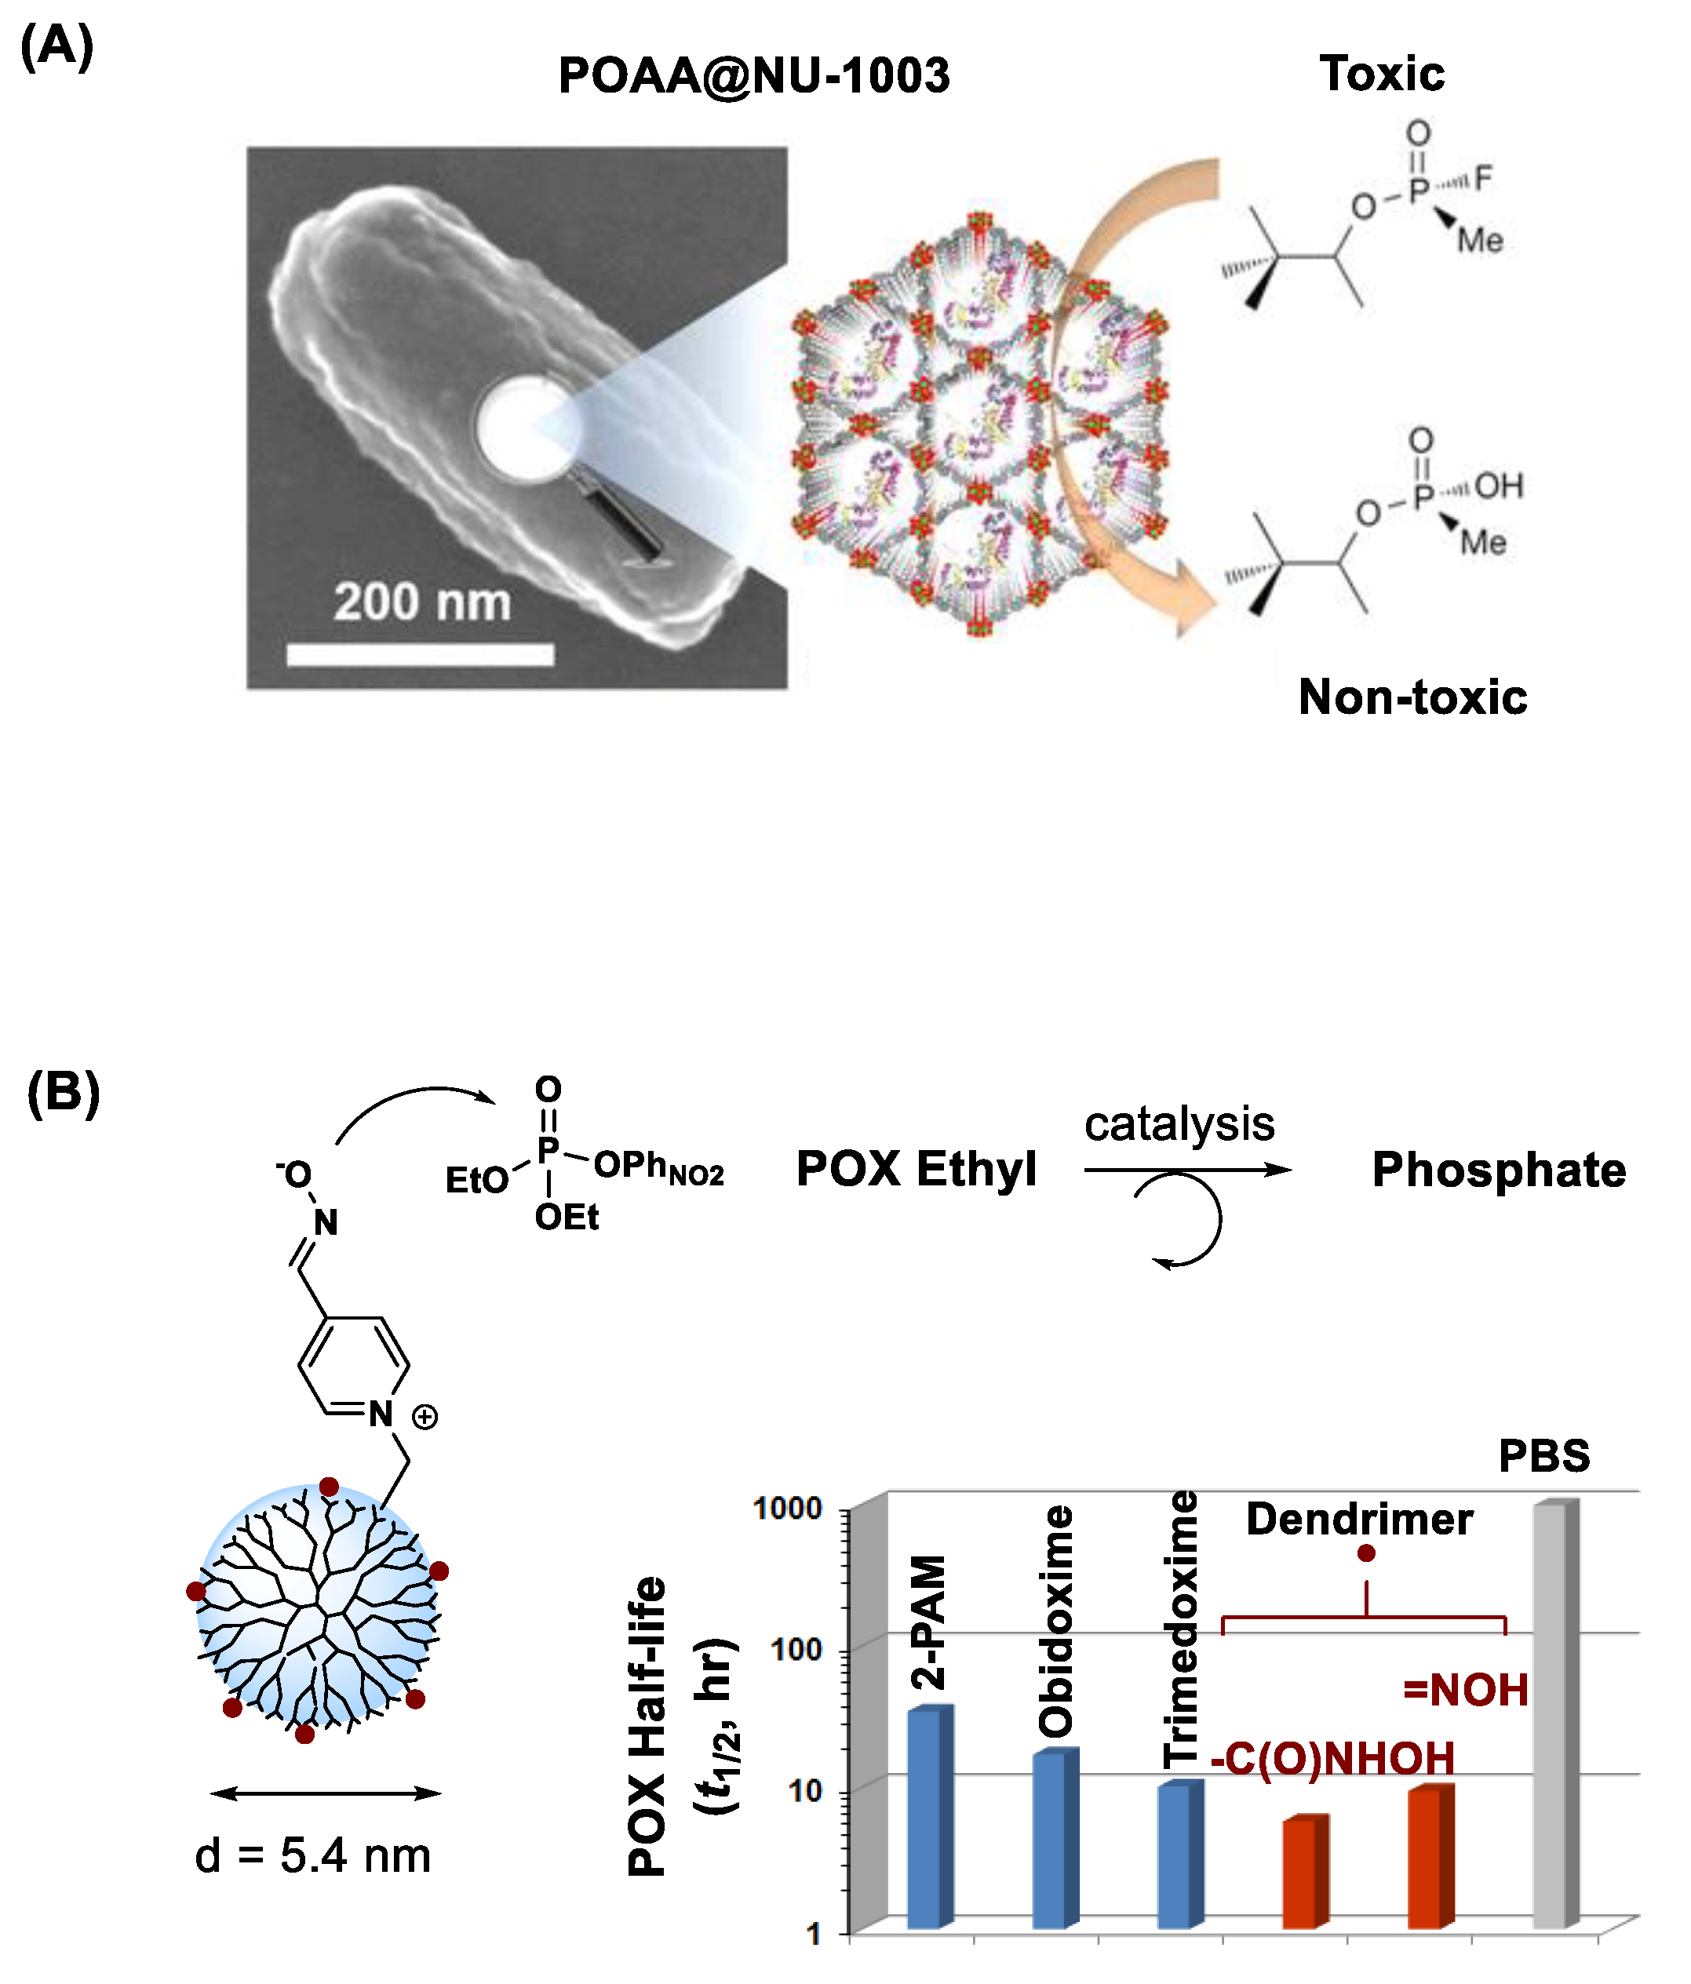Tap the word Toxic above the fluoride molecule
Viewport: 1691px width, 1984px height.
[x=1381, y=74]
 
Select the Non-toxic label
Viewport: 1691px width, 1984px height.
[x=1412, y=697]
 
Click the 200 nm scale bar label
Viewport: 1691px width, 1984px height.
[x=422, y=602]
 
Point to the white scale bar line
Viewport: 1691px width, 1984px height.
[x=421, y=655]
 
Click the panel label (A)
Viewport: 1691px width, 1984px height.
[x=57, y=46]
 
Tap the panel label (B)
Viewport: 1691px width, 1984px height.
[x=64, y=1093]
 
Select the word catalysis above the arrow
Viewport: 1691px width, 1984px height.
[x=1179, y=1123]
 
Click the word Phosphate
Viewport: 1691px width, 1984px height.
[x=1499, y=1170]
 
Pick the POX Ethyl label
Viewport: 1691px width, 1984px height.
[x=917, y=1169]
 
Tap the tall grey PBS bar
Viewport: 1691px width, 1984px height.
[x=1551, y=1714]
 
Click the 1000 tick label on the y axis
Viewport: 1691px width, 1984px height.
[x=787, y=1508]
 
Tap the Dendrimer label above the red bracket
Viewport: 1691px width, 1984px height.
[x=1359, y=1520]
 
